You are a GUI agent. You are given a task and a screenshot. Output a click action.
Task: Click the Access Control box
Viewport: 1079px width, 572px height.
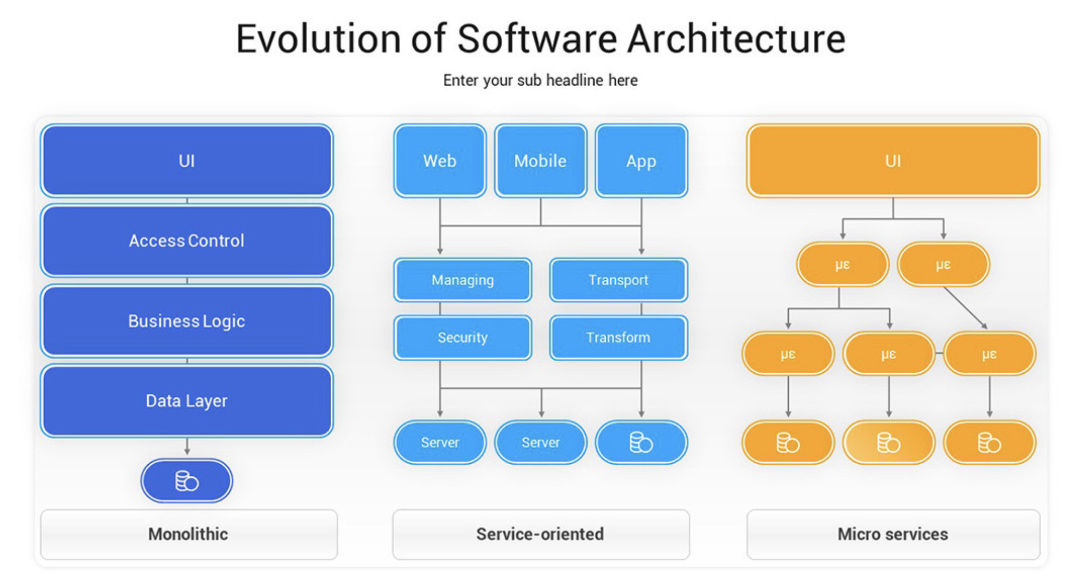tap(187, 241)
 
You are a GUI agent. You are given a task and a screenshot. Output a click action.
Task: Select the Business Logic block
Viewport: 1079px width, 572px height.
tap(187, 321)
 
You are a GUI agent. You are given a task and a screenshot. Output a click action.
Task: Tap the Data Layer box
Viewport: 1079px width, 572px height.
tap(187, 401)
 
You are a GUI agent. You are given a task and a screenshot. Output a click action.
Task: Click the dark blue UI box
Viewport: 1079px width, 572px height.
tap(187, 160)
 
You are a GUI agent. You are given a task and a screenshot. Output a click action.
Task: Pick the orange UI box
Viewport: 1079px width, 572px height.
tap(893, 160)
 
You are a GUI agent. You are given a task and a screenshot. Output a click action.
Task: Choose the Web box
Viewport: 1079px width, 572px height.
tap(440, 160)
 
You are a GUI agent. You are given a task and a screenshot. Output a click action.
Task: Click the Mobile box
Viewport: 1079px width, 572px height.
tap(541, 160)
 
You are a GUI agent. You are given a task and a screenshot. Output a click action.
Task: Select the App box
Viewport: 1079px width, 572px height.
tap(641, 160)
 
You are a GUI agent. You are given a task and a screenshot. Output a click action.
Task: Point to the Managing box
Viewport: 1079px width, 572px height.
tap(463, 280)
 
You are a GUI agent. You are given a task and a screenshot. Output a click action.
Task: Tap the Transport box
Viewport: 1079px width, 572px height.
tap(618, 280)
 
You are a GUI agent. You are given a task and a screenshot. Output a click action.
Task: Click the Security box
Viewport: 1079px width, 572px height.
tap(463, 337)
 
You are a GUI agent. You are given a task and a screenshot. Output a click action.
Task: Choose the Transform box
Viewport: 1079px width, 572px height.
tap(618, 337)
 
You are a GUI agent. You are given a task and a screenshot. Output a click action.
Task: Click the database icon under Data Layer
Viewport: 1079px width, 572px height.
tap(187, 481)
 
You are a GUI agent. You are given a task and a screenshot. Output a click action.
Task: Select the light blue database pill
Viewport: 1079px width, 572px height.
tap(641, 442)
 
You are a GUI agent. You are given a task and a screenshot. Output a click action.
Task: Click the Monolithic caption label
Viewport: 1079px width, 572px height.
tap(188, 534)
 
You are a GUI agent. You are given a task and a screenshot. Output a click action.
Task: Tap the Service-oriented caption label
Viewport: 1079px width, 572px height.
tap(540, 534)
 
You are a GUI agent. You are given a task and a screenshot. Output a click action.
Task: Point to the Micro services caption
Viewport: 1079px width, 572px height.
tap(893, 534)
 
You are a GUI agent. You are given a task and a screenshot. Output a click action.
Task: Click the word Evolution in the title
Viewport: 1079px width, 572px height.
tap(319, 39)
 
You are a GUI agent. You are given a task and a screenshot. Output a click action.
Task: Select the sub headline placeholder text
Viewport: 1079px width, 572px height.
tap(540, 80)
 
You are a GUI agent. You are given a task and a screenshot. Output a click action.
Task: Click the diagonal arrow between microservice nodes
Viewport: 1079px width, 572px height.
tap(965, 308)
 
